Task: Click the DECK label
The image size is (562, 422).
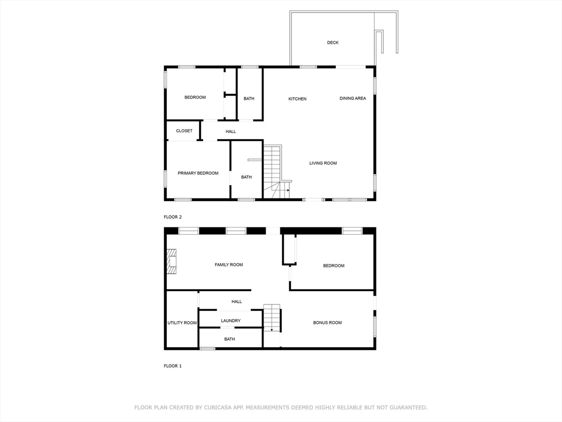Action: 333,42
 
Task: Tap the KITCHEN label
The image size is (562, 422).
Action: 297,99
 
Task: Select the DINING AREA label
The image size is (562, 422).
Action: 352,98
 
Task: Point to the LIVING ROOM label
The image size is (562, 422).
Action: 323,163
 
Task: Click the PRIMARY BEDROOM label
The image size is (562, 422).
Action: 198,173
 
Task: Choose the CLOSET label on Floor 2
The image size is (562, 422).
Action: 184,131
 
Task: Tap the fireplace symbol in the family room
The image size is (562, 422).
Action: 172,262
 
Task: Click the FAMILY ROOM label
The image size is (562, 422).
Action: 228,265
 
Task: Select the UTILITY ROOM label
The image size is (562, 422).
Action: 182,323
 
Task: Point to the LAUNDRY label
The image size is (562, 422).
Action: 231,321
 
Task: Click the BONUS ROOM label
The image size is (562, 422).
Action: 327,323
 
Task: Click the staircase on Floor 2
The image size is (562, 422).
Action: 273,170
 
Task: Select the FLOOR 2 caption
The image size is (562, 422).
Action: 172,217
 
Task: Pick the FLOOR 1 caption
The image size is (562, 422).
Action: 172,366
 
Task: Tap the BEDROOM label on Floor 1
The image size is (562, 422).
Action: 333,266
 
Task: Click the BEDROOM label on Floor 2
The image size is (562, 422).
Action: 195,97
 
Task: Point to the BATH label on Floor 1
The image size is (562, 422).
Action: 229,339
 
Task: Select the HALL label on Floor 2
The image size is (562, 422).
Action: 231,131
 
